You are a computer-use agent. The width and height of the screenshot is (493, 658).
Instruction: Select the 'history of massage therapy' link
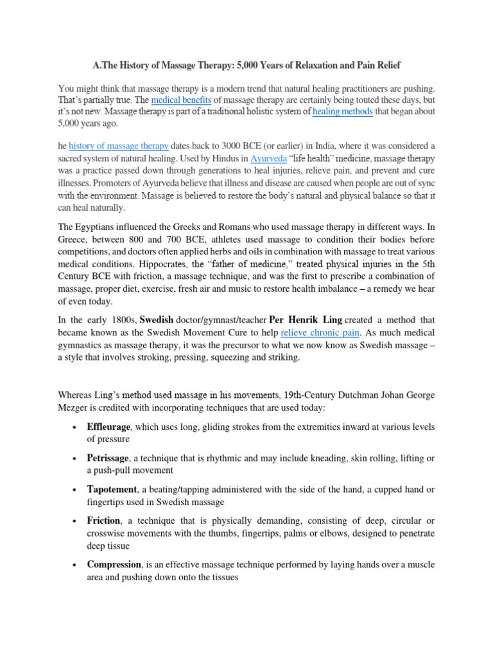119,146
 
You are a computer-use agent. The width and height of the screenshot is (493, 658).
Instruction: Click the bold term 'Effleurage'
108,427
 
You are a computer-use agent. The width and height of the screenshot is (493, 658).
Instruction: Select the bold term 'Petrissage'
108,458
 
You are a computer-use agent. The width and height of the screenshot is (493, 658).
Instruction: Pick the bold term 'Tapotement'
110,490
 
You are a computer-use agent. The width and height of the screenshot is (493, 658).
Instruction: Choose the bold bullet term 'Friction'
103,520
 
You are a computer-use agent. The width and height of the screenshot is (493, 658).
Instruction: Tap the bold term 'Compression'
114,564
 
